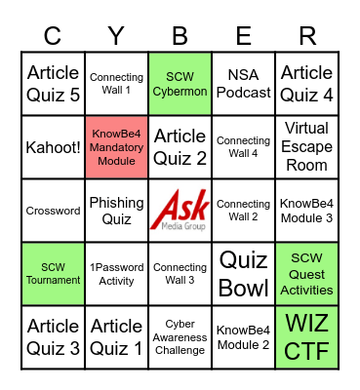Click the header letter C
tap(53, 36)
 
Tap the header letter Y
tap(116, 36)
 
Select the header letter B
tap(180, 36)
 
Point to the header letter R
tap(307, 36)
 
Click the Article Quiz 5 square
tap(53, 84)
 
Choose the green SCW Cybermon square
tap(180, 84)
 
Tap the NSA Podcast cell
tap(244, 84)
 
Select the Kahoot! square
tap(53, 147)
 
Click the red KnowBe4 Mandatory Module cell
tap(116, 147)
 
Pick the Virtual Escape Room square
tap(307, 147)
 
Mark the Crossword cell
tap(53, 211)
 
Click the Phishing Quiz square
tap(116, 211)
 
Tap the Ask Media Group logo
tap(180, 211)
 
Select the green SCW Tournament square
tap(53, 274)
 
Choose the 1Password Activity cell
tap(116, 274)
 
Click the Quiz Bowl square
tap(244, 274)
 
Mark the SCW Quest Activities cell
tap(307, 274)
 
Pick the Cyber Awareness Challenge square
tap(180, 337)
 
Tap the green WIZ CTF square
tap(307, 337)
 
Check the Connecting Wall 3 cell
tap(180, 274)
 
